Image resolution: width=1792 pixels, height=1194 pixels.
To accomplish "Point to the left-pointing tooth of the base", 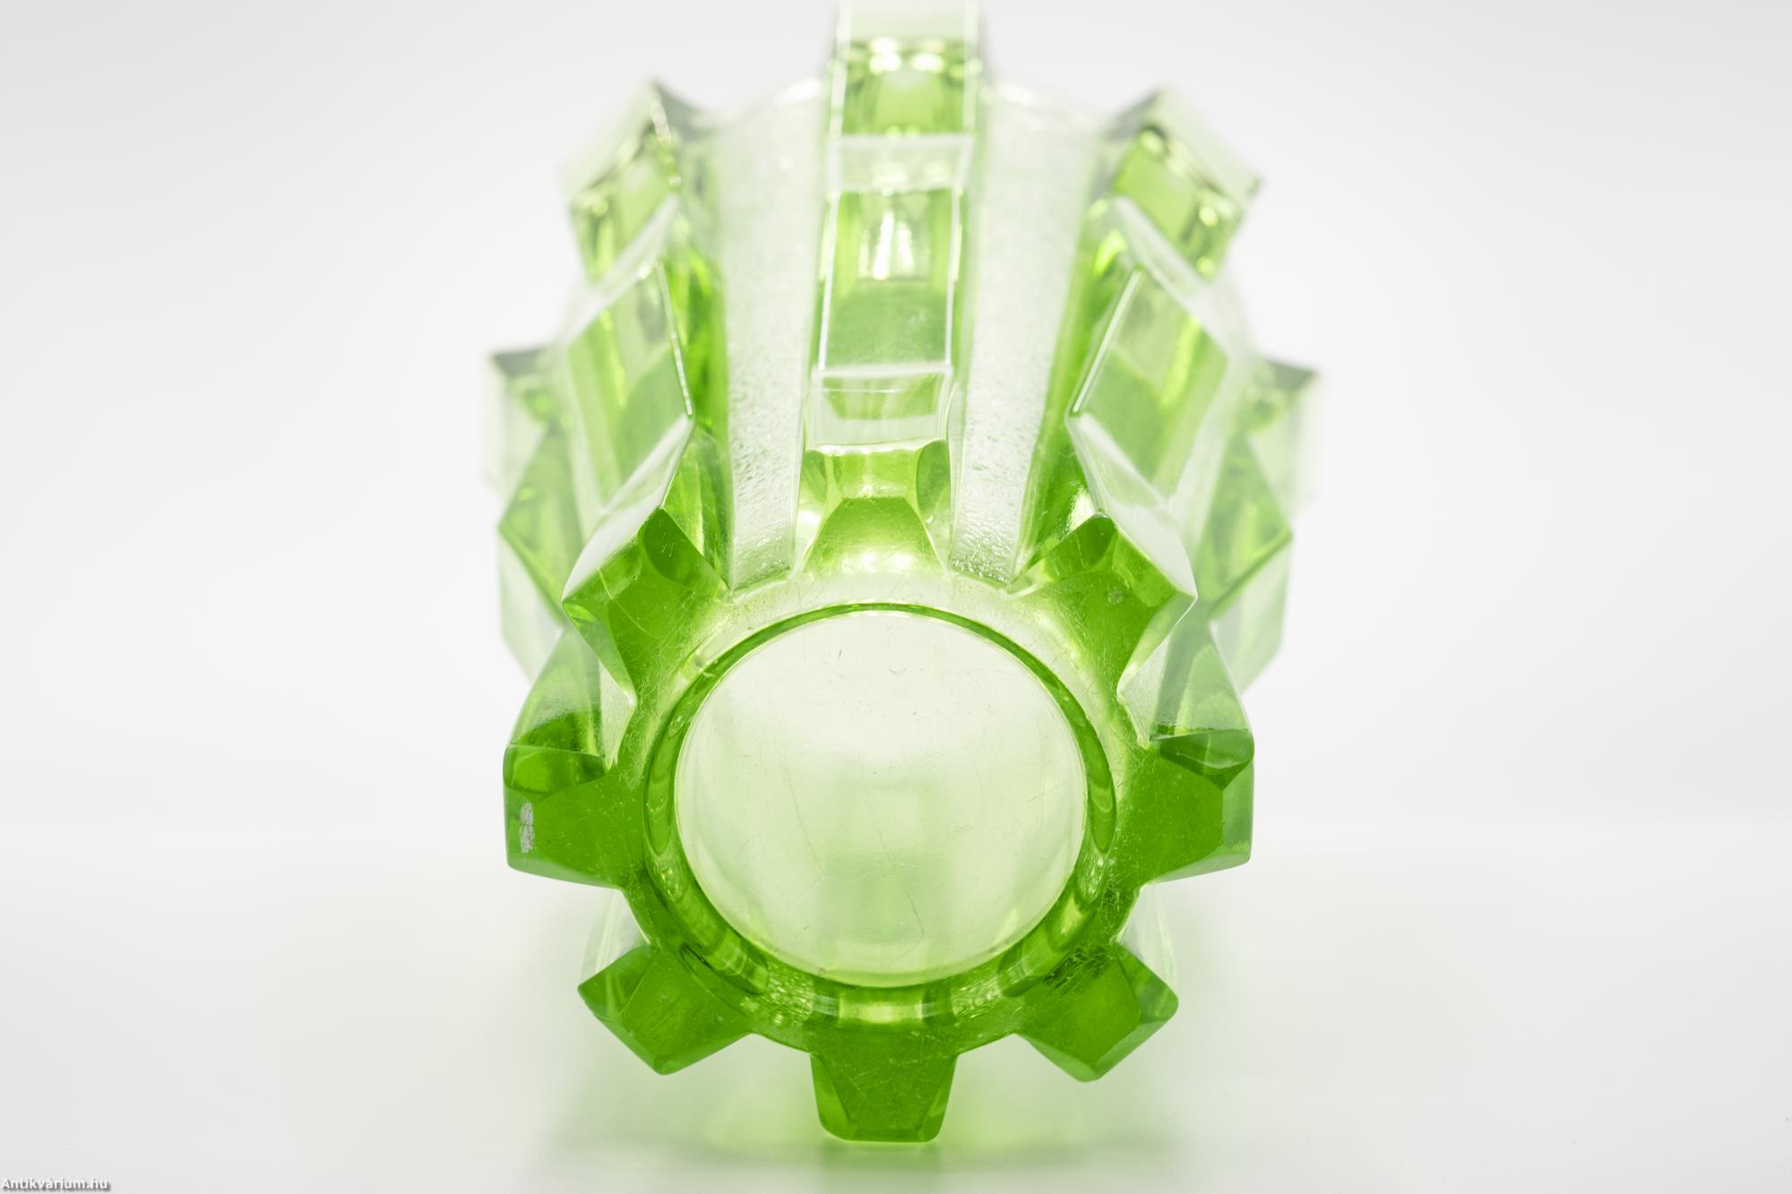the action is (x=556, y=797).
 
